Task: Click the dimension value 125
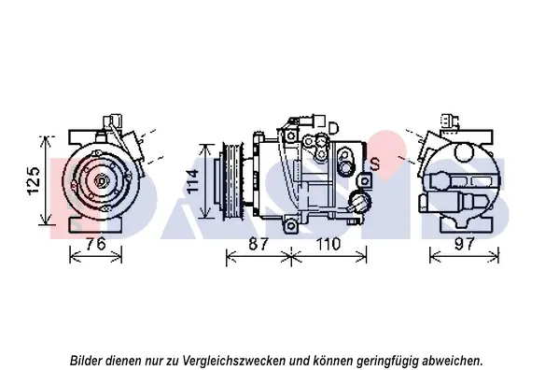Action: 35,180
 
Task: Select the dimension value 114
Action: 193,181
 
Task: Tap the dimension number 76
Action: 96,244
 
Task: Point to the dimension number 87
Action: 258,244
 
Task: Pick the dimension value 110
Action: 328,244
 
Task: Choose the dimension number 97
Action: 465,244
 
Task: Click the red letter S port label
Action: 375,164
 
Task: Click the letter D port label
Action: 333,128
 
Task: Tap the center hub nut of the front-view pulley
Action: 101,181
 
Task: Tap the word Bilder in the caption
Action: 86,361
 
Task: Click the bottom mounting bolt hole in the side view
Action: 291,225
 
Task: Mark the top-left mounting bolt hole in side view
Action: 291,135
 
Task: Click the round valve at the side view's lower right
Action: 359,201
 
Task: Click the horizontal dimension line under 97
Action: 465,256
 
